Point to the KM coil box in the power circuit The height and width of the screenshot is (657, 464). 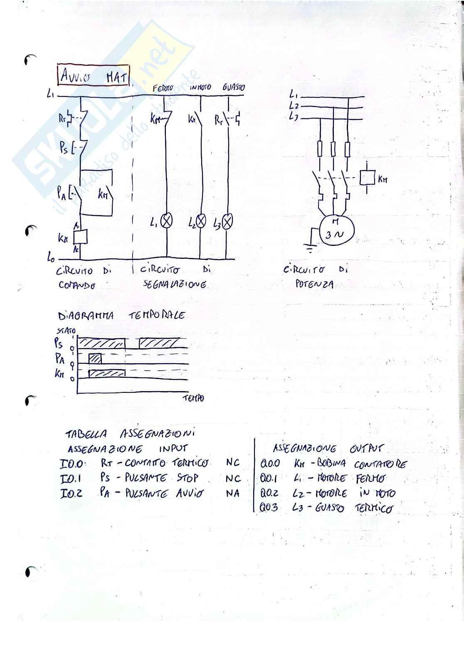(x=368, y=178)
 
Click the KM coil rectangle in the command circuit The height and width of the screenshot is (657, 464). (x=80, y=237)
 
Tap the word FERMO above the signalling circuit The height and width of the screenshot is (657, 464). (x=163, y=88)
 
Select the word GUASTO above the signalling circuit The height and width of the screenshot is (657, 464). (x=234, y=87)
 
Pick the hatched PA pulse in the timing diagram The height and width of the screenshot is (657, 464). (x=95, y=358)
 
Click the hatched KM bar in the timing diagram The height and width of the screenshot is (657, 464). (x=107, y=373)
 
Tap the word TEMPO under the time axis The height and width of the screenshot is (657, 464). (x=193, y=399)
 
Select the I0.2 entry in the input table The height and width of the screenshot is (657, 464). (x=71, y=494)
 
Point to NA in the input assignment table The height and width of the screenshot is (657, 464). (x=233, y=494)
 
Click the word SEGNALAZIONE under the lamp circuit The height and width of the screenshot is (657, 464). (x=175, y=285)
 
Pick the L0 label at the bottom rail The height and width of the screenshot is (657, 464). (x=51, y=259)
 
